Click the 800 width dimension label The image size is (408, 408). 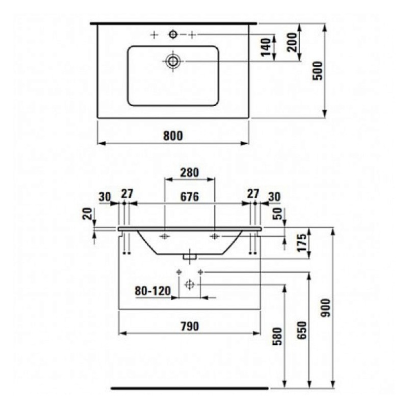click(172, 136)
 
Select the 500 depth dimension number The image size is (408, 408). click(317, 70)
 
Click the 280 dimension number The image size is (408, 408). click(189, 172)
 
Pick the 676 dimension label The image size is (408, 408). click(189, 196)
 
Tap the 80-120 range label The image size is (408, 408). click(152, 291)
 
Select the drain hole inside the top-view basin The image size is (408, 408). click(173, 61)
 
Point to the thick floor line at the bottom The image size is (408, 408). click(189, 388)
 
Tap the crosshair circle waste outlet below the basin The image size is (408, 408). click(189, 284)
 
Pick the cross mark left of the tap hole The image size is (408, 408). click(154, 35)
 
